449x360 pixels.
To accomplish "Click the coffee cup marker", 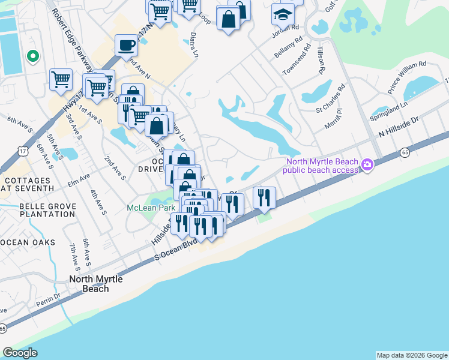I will [127, 46].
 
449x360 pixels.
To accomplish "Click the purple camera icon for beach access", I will [367, 164].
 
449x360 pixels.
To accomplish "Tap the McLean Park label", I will [146, 208].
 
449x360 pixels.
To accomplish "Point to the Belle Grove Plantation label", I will [40, 211].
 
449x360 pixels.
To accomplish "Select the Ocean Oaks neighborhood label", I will [28, 242].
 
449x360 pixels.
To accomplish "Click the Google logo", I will [20, 353].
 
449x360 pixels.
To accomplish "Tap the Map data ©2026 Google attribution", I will [411, 355].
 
